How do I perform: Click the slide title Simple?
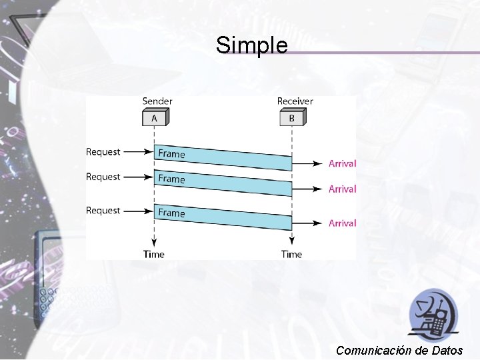point(251,46)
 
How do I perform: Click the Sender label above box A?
point(157,101)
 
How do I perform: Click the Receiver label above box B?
point(295,101)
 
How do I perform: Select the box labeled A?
point(155,118)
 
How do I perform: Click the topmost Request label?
point(103,152)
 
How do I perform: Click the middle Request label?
point(103,177)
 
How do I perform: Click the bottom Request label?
point(103,211)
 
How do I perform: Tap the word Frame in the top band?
point(171,154)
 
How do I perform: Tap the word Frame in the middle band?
point(171,179)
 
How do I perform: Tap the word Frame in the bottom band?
point(171,213)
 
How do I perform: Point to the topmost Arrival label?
point(342,163)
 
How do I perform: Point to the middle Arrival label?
point(342,189)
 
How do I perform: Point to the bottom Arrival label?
point(342,223)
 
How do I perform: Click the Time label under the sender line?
point(153,254)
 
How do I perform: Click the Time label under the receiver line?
point(291,254)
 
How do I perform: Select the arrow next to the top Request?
point(139,152)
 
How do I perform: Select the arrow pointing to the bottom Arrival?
point(308,223)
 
